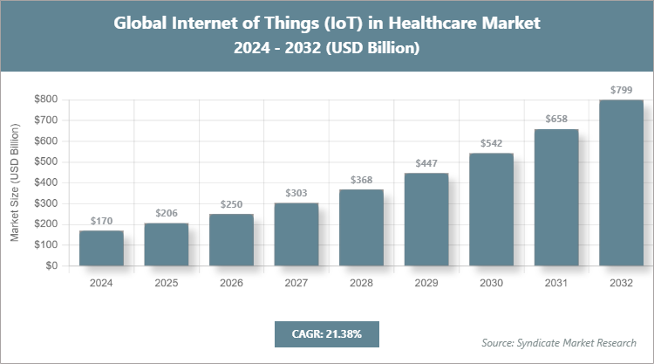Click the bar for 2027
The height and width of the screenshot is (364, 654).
[296, 235]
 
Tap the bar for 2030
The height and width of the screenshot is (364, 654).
[491, 209]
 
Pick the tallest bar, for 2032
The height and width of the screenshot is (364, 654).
[621, 182]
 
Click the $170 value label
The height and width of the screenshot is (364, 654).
[101, 222]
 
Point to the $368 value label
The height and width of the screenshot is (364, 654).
[361, 181]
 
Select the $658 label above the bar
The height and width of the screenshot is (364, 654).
[556, 120]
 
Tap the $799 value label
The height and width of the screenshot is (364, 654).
[621, 90]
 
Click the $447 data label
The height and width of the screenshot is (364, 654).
[426, 164]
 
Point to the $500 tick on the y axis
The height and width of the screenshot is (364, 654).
[46, 161]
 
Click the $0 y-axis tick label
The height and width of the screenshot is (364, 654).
[52, 266]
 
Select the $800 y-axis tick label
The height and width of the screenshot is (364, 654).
[46, 100]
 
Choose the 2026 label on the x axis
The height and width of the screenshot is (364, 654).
[231, 283]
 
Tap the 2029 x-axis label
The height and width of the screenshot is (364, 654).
[426, 283]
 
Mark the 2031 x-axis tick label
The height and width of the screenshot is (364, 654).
[556, 283]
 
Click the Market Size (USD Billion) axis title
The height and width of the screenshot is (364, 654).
[15, 182]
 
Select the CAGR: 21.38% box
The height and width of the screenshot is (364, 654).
[326, 333]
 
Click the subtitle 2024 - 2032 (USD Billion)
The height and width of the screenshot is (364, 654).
[327, 49]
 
